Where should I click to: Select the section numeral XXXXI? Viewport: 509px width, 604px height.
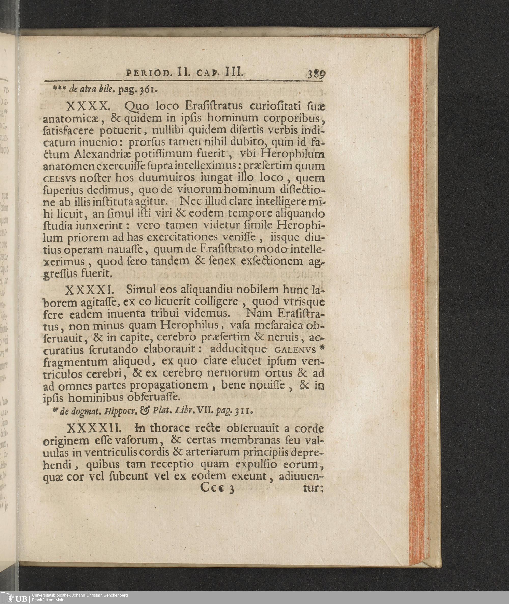(x=91, y=289)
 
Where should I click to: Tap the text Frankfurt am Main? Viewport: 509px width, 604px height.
(x=48, y=600)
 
